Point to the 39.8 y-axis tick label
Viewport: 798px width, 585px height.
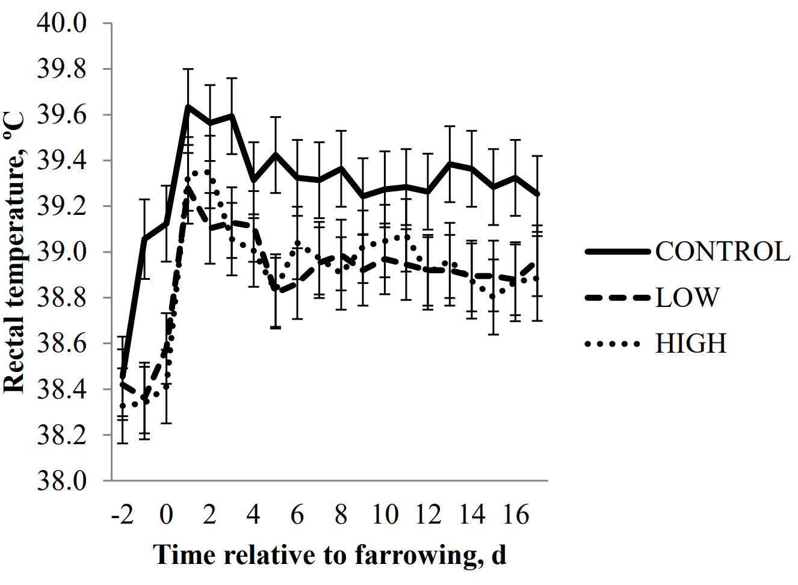62,69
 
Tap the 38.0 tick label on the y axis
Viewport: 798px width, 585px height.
62,481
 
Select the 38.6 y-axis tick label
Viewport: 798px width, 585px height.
62,344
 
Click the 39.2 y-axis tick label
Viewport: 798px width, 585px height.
62,206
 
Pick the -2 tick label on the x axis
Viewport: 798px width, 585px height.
122,515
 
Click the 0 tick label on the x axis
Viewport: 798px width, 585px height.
166,515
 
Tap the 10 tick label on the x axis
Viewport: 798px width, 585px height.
385,515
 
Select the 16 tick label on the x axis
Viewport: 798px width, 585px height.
516,515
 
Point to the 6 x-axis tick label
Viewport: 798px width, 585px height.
297,515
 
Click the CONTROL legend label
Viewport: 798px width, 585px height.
722,252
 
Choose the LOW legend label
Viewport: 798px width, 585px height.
687,297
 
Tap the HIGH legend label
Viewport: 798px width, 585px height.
691,344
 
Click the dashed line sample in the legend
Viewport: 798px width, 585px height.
618,298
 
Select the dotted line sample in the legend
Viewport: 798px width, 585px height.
613,344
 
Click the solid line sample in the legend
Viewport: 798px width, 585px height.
618,252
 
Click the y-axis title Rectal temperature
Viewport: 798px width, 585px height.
14,253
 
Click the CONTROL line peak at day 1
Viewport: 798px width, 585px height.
188,107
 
